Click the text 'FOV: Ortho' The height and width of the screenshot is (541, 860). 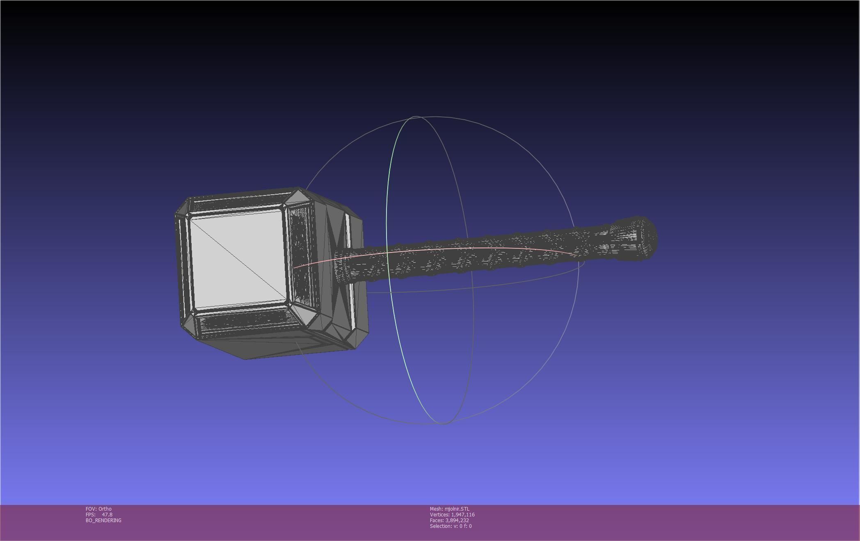click(x=98, y=509)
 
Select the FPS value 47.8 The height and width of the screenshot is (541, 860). click(x=107, y=514)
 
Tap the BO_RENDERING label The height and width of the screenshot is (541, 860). click(x=103, y=520)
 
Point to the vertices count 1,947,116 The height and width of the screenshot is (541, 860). click(x=462, y=514)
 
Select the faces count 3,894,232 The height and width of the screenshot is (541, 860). click(x=457, y=520)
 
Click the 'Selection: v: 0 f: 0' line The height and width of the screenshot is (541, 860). click(x=451, y=526)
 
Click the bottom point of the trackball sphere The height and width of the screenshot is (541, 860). click(x=442, y=423)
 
